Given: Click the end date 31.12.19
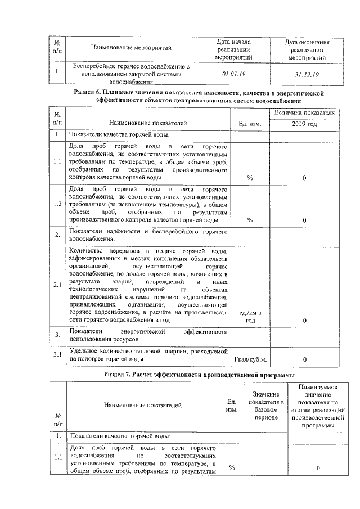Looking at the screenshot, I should pos(307,74).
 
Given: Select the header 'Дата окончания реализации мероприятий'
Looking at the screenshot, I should pos(307,49).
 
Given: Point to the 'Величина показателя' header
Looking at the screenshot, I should pos(304,112).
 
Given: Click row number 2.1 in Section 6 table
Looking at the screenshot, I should pos(57,286).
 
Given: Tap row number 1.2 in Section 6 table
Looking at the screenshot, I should pos(57,204).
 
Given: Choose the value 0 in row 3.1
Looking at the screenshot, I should pos(304,359).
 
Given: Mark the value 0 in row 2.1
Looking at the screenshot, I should pos(304,320).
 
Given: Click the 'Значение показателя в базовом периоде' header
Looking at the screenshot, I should pos(267,407).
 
